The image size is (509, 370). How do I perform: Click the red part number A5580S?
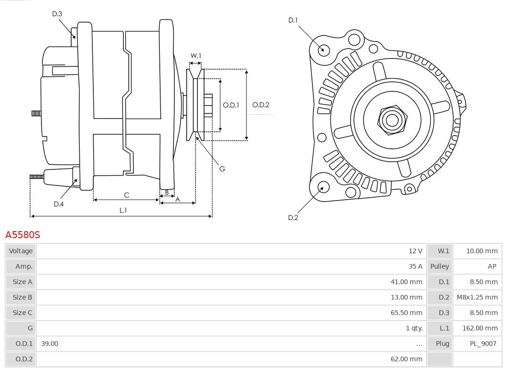[x=23, y=234]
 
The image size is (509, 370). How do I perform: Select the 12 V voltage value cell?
[x=415, y=251]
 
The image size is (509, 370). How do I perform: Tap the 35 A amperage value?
[x=415, y=266]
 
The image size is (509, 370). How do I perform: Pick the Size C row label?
[x=22, y=313]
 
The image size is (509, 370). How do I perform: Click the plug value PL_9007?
[x=483, y=344]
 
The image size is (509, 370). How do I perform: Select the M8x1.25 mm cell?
[x=477, y=297]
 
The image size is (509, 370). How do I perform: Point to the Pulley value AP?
[x=492, y=266]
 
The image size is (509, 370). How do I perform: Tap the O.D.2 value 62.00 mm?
[x=406, y=359]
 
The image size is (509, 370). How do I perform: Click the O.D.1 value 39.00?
[x=49, y=344]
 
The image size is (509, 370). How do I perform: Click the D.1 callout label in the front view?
[x=293, y=20]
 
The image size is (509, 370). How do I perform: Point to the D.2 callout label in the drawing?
[x=293, y=217]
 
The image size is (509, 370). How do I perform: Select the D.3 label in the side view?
[x=57, y=14]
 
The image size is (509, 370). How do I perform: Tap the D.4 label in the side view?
[x=58, y=204]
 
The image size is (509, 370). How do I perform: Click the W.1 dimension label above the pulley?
[x=196, y=56]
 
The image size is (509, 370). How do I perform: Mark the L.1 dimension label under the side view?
[x=123, y=210]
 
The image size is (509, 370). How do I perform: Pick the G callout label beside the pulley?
[x=222, y=169]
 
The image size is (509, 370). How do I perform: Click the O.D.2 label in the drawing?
[x=261, y=105]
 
